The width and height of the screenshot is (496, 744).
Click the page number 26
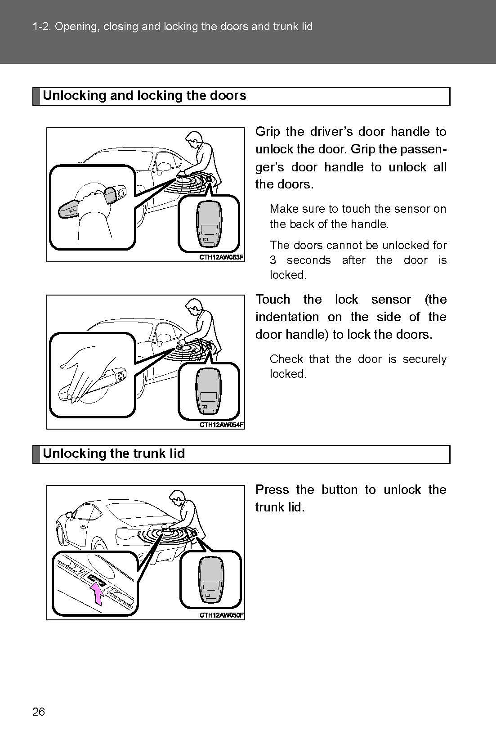tap(39, 711)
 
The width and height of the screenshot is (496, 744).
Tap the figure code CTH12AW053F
tap(222, 257)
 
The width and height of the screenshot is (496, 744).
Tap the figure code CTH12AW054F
tap(222, 425)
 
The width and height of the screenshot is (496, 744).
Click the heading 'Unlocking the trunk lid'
tap(114, 453)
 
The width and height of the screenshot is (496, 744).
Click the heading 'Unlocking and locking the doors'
tap(144, 95)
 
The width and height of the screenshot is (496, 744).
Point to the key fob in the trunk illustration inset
tap(210, 580)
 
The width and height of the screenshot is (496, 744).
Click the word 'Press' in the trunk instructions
tap(272, 489)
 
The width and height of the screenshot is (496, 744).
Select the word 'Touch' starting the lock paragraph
tap(273, 300)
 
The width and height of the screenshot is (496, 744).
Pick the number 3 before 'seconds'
tap(273, 260)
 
